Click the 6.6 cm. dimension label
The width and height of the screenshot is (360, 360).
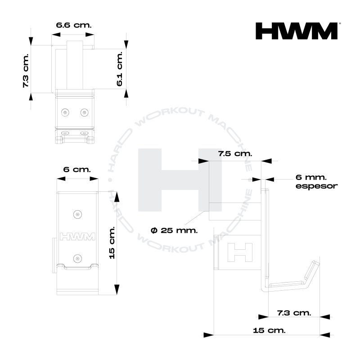(73, 24)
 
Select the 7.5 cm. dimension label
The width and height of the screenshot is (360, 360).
(235, 153)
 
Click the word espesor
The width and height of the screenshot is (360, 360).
(317, 185)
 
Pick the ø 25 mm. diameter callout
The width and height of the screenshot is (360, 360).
(174, 230)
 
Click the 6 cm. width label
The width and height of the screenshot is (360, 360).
(76, 170)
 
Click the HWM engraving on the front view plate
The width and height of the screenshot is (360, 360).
(77, 236)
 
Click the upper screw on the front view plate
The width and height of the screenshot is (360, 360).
(78, 214)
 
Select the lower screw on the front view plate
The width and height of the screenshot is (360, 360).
(78, 258)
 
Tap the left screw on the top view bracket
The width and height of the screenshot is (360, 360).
(66, 112)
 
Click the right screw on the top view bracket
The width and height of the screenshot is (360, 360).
(84, 112)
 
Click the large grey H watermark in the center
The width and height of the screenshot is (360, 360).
(180, 180)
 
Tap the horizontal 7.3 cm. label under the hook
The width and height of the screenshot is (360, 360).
(294, 312)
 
